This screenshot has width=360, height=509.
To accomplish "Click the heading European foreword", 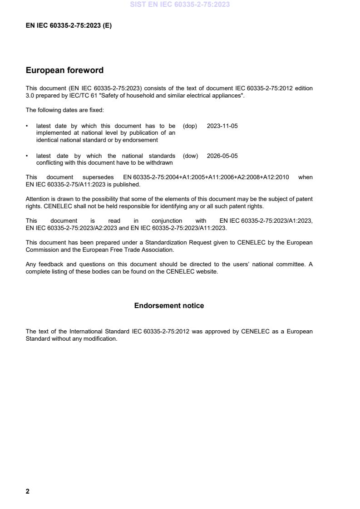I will (64, 70).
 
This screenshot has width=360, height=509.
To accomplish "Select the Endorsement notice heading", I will (169, 306).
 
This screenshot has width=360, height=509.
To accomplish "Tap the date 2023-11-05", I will (222, 126).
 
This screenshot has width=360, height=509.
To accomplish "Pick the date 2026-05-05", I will (222, 156).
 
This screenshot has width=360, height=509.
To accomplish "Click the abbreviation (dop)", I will (190, 126).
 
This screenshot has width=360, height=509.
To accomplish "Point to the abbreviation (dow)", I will (190, 156).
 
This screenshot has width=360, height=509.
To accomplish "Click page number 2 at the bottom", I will (28, 491).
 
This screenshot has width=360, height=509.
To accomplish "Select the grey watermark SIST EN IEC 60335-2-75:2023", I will (180, 5).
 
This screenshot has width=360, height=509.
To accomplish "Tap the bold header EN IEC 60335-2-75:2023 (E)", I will (69, 26).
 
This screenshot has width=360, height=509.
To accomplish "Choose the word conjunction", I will (167, 221).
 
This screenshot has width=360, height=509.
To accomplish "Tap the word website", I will (207, 272).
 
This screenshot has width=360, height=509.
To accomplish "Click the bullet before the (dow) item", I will (28, 156).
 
